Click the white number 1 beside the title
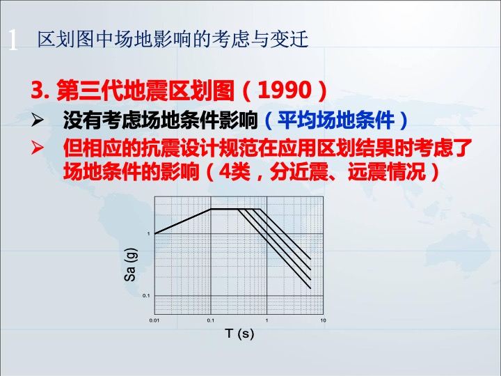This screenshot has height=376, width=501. click(13, 40)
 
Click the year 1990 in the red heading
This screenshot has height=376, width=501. click(285, 90)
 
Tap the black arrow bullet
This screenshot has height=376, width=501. click(38, 120)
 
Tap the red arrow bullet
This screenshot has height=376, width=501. click(38, 148)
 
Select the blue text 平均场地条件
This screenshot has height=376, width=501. click(336, 120)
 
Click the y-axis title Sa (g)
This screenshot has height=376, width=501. click(130, 265)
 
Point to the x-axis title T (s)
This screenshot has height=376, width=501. click(239, 334)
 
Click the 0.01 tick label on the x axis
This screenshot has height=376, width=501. click(154, 320)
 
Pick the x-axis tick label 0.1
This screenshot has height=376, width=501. click(211, 320)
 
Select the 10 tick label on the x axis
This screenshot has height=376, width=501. click(323, 320)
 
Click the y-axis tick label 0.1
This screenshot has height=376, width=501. click(146, 295)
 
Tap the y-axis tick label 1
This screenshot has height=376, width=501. click(148, 234)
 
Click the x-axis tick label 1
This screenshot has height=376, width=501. click(267, 320)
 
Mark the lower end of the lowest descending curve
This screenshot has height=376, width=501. click(310, 288)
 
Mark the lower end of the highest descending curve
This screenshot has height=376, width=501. click(310, 259)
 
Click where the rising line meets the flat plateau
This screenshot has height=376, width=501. click(211, 209)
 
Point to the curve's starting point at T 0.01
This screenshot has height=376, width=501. click(155, 234)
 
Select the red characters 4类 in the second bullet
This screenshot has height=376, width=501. click(234, 172)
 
